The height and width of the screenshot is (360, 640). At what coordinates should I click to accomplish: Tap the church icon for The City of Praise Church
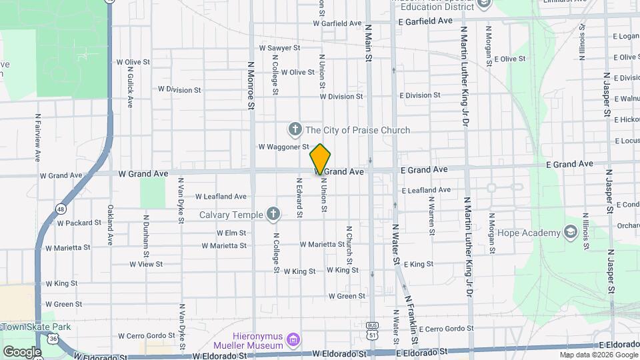click(x=295, y=129)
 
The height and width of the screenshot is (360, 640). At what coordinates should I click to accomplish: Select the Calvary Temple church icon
click(x=272, y=214)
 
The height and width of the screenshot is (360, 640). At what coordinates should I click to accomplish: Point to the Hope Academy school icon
click(x=570, y=232)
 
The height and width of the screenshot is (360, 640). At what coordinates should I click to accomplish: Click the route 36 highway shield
click(x=53, y=339)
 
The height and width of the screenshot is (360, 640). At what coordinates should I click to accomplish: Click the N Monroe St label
click(x=251, y=85)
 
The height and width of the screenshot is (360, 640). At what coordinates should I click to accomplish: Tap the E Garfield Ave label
click(x=425, y=21)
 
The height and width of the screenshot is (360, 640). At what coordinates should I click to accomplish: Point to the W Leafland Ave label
click(x=221, y=197)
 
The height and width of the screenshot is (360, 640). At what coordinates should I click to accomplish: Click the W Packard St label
click(x=79, y=223)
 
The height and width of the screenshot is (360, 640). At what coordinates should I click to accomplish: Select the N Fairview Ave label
click(x=38, y=137)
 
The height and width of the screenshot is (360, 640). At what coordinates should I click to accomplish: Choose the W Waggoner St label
click(x=283, y=147)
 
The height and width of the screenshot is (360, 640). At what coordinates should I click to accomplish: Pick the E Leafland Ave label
click(x=426, y=190)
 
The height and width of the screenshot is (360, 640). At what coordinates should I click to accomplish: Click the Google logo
click(x=22, y=351)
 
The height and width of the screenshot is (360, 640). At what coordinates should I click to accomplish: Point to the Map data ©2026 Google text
click(x=597, y=355)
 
